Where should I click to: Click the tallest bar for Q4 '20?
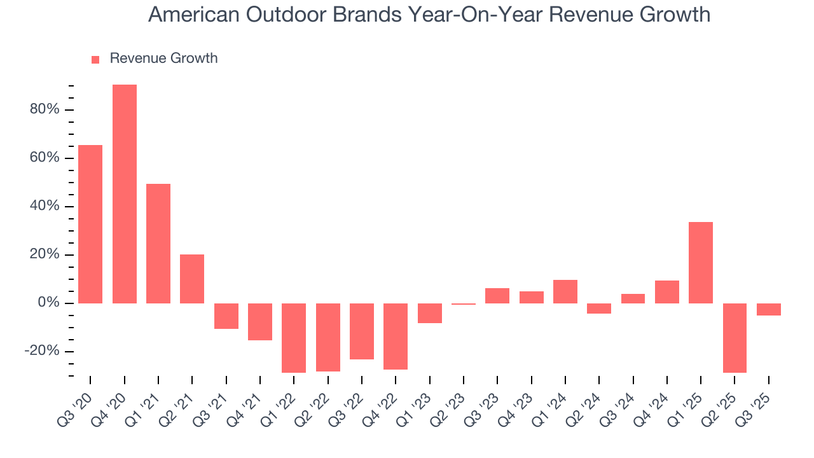[125, 193]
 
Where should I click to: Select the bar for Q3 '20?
[90, 224]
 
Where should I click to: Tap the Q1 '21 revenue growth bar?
[158, 243]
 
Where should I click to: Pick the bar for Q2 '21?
[192, 279]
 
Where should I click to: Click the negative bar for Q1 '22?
[294, 338]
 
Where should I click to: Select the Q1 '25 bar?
[701, 262]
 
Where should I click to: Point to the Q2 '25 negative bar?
[735, 338]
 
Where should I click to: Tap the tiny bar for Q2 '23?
[464, 304]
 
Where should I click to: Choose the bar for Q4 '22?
[396, 337]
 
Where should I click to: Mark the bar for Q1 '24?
[565, 291]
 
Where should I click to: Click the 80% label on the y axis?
[45, 109]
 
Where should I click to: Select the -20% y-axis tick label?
[42, 352]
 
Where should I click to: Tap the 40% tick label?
[45, 207]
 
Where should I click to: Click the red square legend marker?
[95, 60]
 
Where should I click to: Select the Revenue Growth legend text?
[163, 59]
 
